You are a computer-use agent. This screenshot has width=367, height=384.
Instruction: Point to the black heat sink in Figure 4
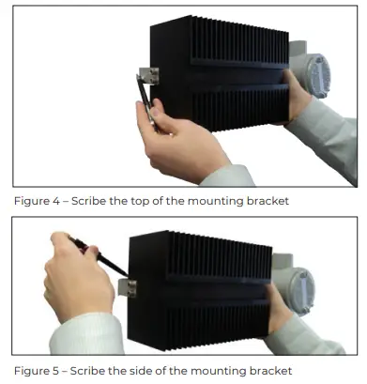click(x=216, y=75)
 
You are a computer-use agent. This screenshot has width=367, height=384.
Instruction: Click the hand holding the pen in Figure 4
click(x=178, y=141)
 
